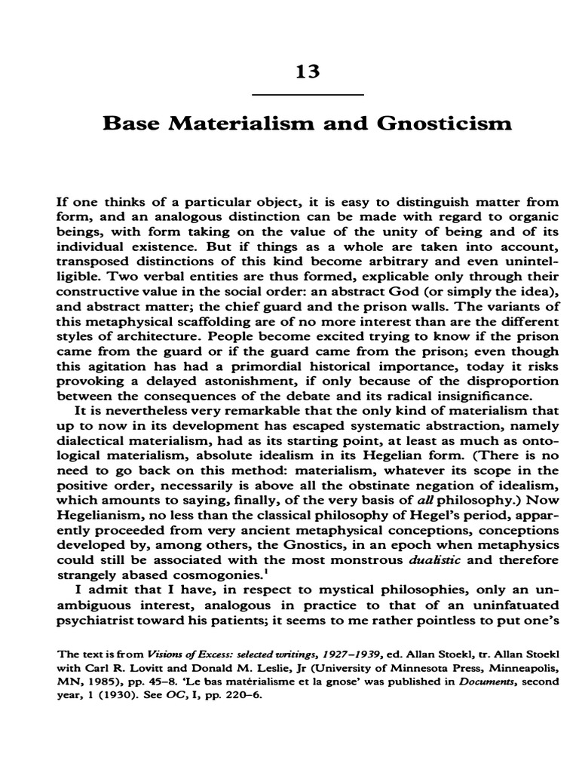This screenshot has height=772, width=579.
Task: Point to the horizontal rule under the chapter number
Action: pyautogui.click(x=307, y=95)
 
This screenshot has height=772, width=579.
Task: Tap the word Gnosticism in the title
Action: pyautogui.click(x=449, y=123)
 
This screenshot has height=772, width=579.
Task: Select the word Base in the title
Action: pyautogui.click(x=128, y=123)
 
